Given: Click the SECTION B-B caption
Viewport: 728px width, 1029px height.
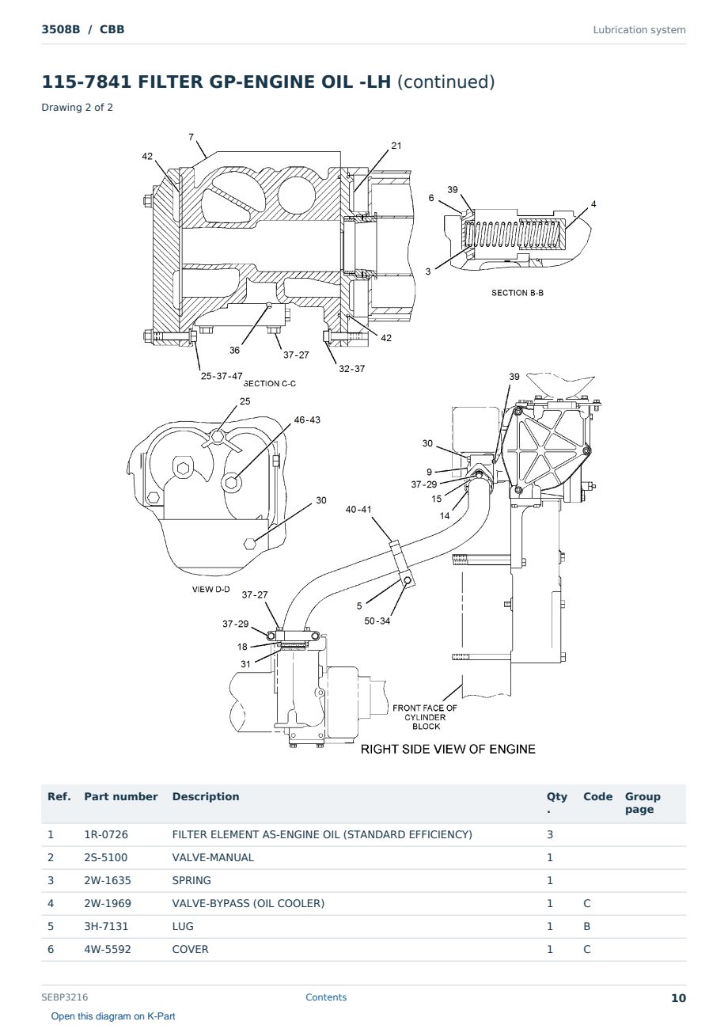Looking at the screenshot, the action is coord(518,293).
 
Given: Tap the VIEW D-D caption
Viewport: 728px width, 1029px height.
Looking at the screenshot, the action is coord(210,589).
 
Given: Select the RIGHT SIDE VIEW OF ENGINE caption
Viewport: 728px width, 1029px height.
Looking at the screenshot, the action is coord(448,750).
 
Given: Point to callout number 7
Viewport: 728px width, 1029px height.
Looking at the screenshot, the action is coord(191,137).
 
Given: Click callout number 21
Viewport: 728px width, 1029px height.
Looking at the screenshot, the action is coord(396,146).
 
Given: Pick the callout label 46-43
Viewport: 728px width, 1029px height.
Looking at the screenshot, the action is coord(307,420).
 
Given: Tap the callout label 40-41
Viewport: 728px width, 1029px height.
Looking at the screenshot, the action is coord(358,510).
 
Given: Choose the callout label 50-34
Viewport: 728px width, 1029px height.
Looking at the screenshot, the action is coord(377,621).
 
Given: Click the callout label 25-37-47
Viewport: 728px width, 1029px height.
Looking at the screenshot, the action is coord(222,376).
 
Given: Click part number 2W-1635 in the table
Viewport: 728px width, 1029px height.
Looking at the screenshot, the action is coord(108,881).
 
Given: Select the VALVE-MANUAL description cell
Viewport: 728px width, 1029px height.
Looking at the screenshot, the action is coord(213,858).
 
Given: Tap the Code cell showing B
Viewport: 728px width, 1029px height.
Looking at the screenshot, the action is coord(586,927).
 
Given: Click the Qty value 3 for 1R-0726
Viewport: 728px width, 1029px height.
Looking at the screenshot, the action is coord(550,835).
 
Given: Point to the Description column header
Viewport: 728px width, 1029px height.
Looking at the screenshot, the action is coord(206,796).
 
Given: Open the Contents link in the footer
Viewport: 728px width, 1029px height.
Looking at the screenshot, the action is coord(326,997).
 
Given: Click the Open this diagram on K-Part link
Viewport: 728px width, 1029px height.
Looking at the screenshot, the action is coord(113,1016).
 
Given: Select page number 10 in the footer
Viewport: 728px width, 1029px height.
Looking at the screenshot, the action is coord(678,998).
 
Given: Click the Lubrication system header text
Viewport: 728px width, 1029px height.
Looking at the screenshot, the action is coord(639,30).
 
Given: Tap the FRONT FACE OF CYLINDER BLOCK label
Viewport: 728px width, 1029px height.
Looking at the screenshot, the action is coord(425,717).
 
